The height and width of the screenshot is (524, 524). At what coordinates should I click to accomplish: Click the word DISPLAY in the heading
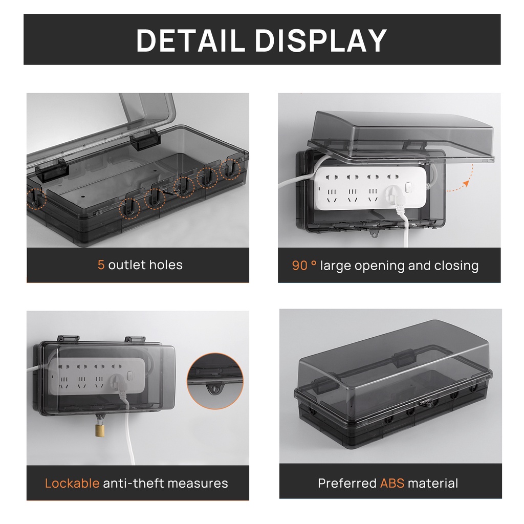[x=321, y=40]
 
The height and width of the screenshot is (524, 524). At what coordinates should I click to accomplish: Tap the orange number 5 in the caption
[x=101, y=265]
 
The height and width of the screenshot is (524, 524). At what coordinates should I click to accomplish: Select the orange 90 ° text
[x=304, y=266]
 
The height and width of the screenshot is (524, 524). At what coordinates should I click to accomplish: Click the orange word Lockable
[x=72, y=483]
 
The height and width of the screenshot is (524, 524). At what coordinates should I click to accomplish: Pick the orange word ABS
[x=392, y=483]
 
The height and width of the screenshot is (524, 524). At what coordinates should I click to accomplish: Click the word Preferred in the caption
[x=347, y=483]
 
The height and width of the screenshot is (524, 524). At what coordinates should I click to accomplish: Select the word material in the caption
[x=433, y=483]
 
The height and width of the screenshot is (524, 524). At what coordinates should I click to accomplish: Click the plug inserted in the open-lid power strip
[x=394, y=195]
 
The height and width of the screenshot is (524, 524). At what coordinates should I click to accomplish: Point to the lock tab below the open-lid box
[x=374, y=234]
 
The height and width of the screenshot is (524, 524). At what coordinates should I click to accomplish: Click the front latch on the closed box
[x=424, y=403]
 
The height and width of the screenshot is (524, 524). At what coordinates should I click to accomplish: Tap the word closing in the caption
[x=456, y=266]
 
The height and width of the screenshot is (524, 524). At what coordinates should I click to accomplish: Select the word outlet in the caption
[x=126, y=265]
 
